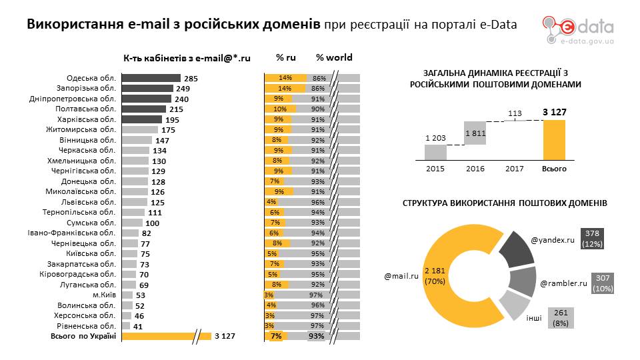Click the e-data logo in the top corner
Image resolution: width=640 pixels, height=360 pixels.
pos(577,29)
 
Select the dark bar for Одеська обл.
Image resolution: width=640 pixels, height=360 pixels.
pos(151,78)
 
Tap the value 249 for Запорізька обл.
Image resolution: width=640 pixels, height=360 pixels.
pos(183,89)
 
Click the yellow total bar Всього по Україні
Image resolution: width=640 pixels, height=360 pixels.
pos(167,336)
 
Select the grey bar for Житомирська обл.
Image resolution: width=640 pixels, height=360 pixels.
pos(139,130)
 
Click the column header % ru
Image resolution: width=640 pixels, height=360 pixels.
pos(286,58)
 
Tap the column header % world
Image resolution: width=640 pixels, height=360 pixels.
pos(334,58)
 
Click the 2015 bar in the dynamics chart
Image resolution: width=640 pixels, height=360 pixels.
pos(435,152)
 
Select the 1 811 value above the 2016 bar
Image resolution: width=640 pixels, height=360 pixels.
pos(475,133)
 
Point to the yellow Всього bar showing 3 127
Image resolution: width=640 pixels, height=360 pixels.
pos(554,140)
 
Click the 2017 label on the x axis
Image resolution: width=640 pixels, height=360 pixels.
pos(514,169)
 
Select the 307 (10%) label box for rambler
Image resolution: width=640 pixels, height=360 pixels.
pos(603,283)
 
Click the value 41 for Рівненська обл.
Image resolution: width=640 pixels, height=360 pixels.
pos(138,326)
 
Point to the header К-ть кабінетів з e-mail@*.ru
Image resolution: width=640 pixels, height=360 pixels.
pos(187,58)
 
